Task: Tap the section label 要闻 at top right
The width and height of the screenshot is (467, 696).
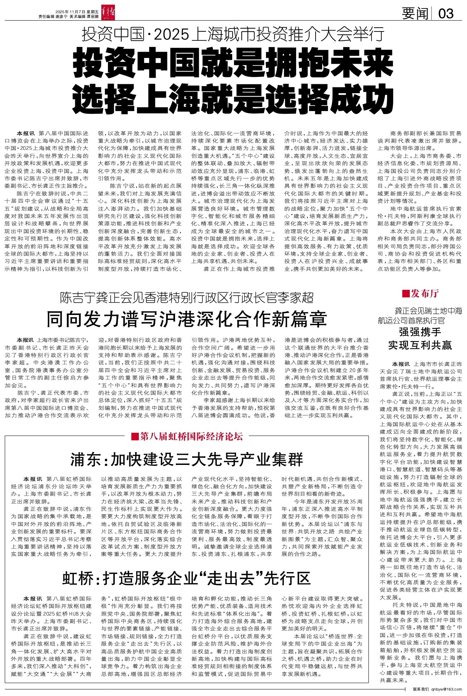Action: [x=415, y=14]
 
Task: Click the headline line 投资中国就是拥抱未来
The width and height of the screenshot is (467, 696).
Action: [x=228, y=63]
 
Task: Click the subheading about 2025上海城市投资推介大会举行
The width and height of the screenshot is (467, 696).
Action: [x=233, y=35]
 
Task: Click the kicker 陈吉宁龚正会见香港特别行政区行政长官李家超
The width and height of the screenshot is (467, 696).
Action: [x=187, y=298]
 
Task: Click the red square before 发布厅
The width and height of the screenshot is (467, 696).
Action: [x=406, y=294]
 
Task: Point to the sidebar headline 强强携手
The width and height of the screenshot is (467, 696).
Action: [x=420, y=332]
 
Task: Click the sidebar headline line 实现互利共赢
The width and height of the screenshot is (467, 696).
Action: [x=420, y=345]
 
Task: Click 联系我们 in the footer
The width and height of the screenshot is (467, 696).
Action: [x=421, y=689]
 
